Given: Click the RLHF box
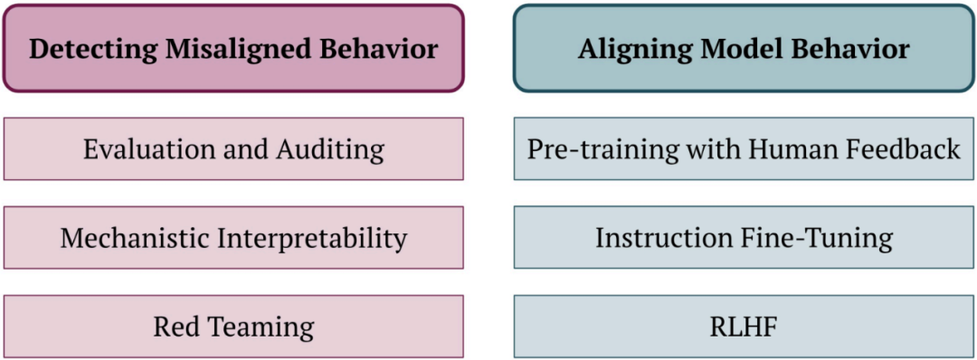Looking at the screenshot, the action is click(744, 327).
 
